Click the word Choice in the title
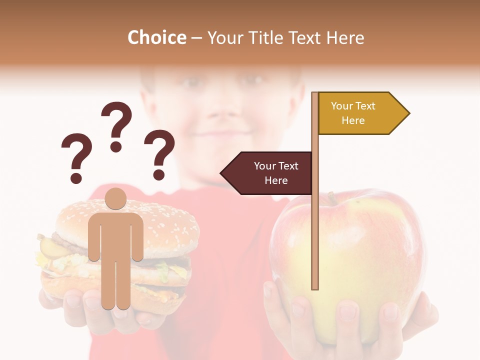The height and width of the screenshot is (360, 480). pyautogui.click(x=156, y=37)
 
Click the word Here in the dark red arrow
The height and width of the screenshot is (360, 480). pyautogui.click(x=276, y=180)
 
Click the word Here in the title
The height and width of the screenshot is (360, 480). pyautogui.click(x=345, y=38)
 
